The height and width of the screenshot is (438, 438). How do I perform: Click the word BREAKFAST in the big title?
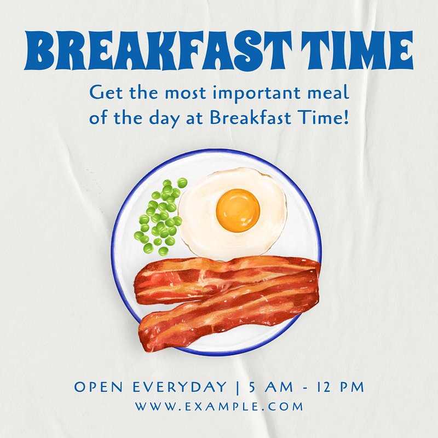tap(158, 50)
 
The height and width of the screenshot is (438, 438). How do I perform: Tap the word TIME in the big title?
tap(357, 50)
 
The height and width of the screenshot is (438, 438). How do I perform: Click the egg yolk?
tap(238, 210)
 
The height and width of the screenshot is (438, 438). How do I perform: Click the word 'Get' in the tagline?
tap(106, 93)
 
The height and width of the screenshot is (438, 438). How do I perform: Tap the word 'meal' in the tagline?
tap(328, 93)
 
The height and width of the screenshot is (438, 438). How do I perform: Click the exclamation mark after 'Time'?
tap(347, 117)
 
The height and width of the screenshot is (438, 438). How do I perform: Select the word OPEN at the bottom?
tap(99, 387)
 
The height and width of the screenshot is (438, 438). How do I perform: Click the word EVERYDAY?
tap(180, 387)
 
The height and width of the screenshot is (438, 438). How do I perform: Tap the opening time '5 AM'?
tap(271, 387)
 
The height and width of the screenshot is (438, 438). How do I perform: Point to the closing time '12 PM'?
tap(340, 387)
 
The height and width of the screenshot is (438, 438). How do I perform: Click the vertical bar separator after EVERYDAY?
tap(238, 388)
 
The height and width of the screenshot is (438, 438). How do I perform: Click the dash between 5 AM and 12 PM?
tap(305, 388)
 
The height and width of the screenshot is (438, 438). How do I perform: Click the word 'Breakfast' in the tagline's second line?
tap(251, 117)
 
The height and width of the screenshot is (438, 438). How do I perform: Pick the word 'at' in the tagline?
tap(194, 118)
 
